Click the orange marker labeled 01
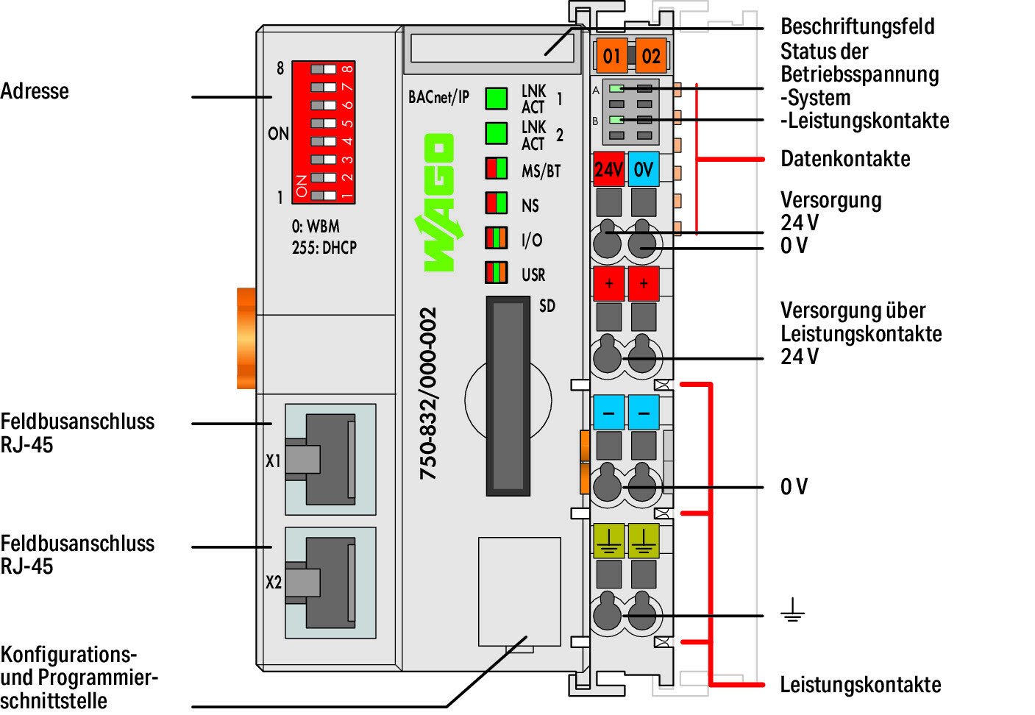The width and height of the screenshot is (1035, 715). [x=611, y=56]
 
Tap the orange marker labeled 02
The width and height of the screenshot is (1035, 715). [x=650, y=56]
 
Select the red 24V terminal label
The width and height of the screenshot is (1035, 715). [x=608, y=169]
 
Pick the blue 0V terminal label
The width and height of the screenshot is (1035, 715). [x=644, y=169]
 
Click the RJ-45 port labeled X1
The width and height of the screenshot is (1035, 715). [x=330, y=459]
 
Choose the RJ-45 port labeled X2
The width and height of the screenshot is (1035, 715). [x=330, y=582]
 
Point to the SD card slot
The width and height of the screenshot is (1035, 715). [x=508, y=396]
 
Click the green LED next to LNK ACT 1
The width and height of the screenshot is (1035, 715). [x=497, y=99]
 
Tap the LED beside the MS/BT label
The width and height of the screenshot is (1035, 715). [x=497, y=168]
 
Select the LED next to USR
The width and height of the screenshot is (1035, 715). [x=497, y=272]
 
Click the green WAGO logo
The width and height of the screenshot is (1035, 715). [x=440, y=203]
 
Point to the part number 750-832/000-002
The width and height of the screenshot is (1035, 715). [x=428, y=394]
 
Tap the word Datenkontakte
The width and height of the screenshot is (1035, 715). [x=845, y=159]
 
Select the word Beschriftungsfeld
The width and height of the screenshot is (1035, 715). [x=857, y=26]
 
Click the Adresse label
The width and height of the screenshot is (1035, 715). [x=35, y=91]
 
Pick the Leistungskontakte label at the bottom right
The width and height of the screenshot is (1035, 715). [x=860, y=685]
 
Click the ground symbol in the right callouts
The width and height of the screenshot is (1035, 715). [x=792, y=611]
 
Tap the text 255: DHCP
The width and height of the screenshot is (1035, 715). [x=324, y=248]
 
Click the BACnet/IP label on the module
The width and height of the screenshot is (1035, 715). [x=438, y=97]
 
